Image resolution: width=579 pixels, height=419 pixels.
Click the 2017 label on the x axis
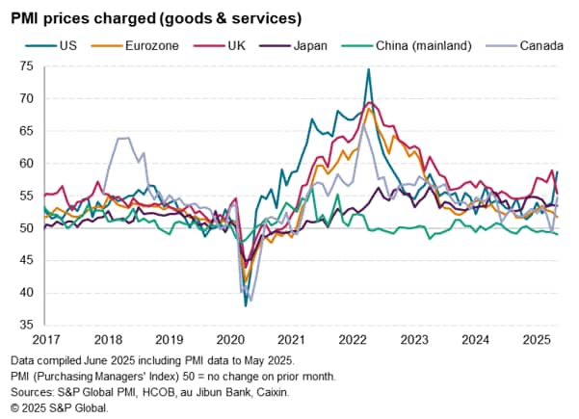[x=45, y=339]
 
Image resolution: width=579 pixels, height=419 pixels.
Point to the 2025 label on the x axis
[x=536, y=339]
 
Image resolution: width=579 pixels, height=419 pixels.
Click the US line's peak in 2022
[x=368, y=69]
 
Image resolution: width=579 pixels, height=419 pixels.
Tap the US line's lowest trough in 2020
[x=247, y=304]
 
